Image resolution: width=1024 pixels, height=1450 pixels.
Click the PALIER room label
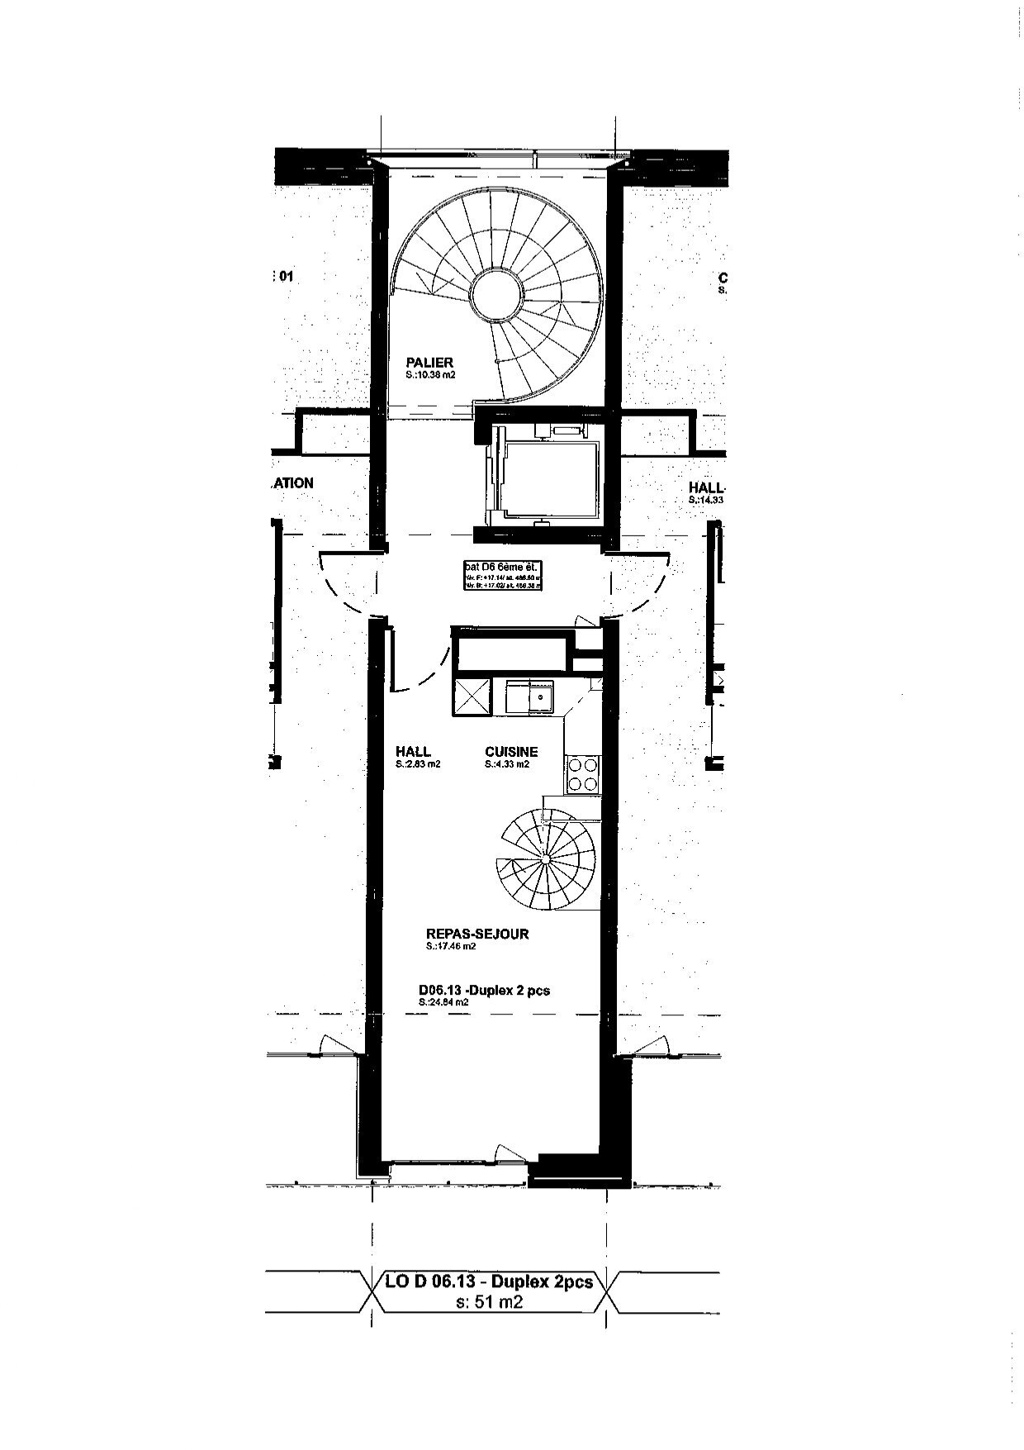pos(429,362)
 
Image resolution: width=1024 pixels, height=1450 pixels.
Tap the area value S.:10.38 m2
pos(430,375)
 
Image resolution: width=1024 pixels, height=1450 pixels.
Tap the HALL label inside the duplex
pos(413,751)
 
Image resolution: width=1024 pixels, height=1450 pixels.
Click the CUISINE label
pos(511,751)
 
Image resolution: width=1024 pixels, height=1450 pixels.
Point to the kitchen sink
pos(531,696)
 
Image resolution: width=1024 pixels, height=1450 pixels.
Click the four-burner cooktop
pos(583,774)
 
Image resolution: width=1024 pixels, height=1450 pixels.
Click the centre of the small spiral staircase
pos(546,860)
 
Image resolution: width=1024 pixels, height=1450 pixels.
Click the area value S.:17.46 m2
pos(451,947)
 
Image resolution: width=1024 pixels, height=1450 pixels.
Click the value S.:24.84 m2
pos(443,1002)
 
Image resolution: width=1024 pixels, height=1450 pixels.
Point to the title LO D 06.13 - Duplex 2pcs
pos(489,1282)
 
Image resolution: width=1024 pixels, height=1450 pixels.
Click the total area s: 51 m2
pos(489,1303)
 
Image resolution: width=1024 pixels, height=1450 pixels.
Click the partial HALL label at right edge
pos(706,488)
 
